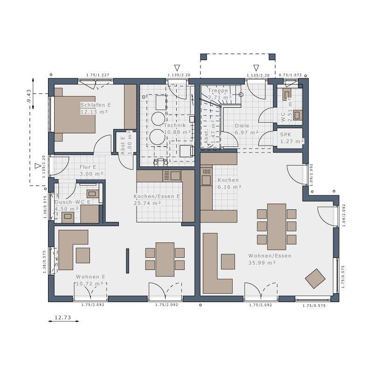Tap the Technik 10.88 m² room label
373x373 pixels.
tap(175, 129)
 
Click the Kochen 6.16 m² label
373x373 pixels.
tap(228, 183)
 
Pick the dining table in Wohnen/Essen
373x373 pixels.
tap(276, 226)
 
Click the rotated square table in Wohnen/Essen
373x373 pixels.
tap(315, 279)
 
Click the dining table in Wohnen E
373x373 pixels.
tap(165, 259)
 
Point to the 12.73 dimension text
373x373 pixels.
tap(62, 318)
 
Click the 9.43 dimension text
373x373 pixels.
tap(29, 96)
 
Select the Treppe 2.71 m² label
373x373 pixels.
tap(218, 94)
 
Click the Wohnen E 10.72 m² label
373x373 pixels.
tap(90, 280)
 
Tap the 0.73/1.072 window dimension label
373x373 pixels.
tap(290, 75)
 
